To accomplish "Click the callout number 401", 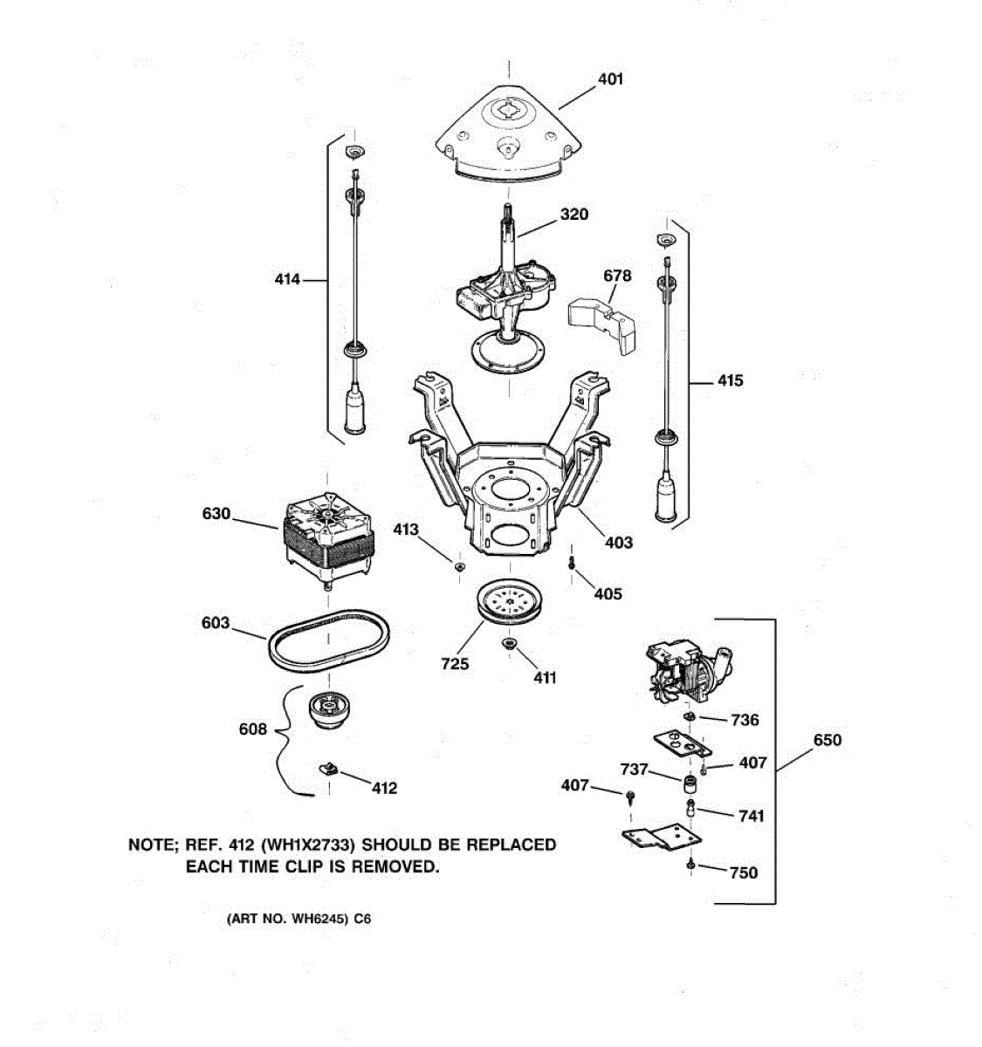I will (x=610, y=79).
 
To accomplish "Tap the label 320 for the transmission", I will (x=573, y=215).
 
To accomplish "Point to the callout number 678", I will (x=617, y=276).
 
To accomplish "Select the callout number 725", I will (x=455, y=664).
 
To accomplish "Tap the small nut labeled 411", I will (x=507, y=646).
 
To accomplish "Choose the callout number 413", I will (x=405, y=530).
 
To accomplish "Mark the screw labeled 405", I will (x=571, y=564).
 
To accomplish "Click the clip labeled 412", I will (x=328, y=769).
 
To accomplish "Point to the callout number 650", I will (x=827, y=741).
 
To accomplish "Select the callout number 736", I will (x=745, y=720).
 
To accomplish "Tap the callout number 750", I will (x=743, y=872).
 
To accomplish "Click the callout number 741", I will (x=751, y=816).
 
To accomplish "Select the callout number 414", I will (x=287, y=280).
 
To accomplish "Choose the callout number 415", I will (x=730, y=380).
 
